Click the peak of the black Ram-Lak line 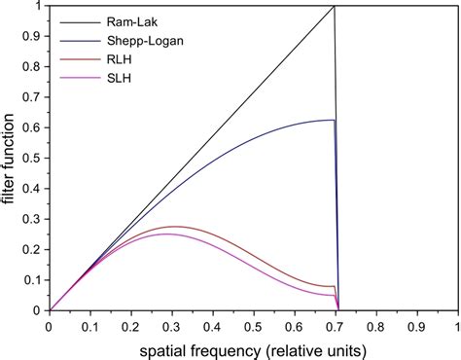335,7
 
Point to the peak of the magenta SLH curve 164,234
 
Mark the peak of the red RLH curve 172,227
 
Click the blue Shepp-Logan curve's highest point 332,120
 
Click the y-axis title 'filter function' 12,158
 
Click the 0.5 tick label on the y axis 34,159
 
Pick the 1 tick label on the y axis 40,7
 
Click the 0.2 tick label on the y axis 34,250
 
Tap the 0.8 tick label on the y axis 34,67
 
